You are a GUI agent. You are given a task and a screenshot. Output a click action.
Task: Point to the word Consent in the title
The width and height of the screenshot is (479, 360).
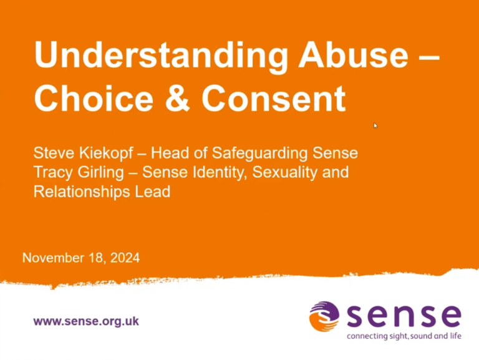(x=274, y=98)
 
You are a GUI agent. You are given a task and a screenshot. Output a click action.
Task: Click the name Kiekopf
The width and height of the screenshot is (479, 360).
(x=102, y=152)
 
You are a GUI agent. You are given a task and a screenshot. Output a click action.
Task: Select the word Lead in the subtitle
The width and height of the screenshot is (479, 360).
(x=153, y=191)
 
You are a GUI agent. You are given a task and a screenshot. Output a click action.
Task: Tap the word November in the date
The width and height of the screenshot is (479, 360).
(x=51, y=257)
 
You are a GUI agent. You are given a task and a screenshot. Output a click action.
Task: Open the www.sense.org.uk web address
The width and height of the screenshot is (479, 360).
(x=86, y=321)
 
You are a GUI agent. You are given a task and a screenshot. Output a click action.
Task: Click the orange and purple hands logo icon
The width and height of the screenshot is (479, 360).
(x=324, y=316)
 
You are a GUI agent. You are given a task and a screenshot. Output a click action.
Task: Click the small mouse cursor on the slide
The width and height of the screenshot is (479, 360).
(x=375, y=126)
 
